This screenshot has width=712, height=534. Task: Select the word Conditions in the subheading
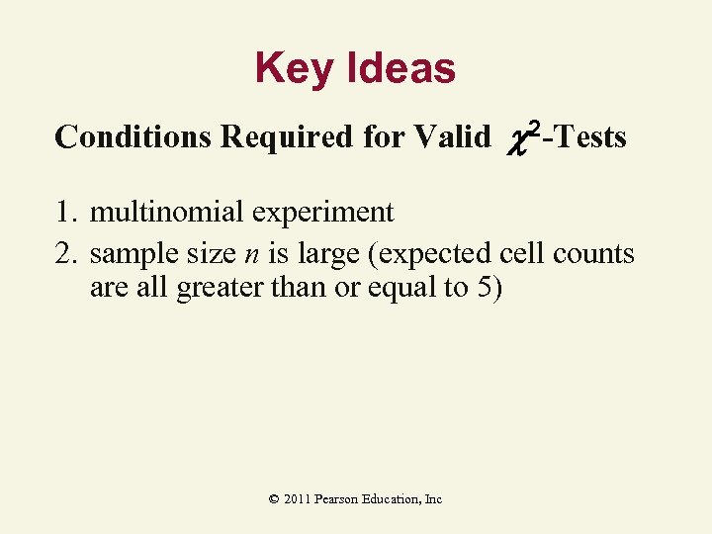click(133, 136)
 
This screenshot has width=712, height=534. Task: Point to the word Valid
click(451, 136)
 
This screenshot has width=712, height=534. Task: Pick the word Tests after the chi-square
click(590, 136)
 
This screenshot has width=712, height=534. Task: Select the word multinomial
click(163, 212)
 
